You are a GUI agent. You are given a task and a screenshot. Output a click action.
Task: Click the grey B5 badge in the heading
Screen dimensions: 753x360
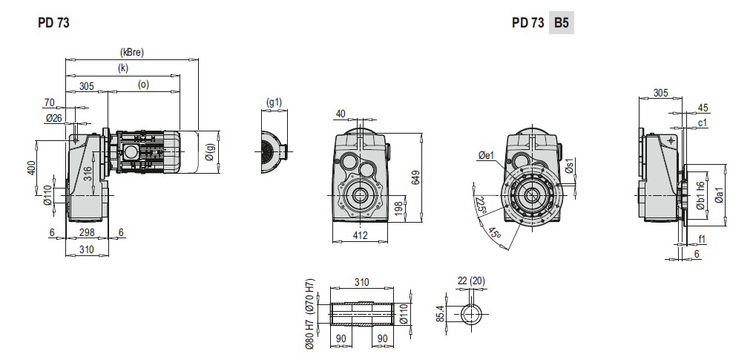click(562, 22)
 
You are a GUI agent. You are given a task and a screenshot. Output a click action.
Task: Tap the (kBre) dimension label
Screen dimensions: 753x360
click(131, 53)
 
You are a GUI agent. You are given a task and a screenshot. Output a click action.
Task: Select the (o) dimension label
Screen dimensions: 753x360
click(143, 85)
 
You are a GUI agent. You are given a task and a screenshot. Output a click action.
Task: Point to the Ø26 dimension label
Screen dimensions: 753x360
click(54, 117)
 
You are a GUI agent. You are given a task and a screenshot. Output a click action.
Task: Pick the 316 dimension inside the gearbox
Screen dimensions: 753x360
click(88, 174)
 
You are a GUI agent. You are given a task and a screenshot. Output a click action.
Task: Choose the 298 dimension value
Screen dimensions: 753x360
click(87, 232)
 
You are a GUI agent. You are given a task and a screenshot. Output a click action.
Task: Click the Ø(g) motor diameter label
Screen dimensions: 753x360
click(210, 152)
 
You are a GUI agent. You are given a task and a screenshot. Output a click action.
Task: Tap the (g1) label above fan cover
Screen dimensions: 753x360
click(274, 102)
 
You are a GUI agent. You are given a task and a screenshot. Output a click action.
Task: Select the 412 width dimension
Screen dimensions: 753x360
click(360, 235)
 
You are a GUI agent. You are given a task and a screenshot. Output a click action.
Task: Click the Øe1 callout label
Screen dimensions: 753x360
click(486, 155)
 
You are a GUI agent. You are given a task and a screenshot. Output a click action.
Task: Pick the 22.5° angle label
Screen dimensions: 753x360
click(480, 206)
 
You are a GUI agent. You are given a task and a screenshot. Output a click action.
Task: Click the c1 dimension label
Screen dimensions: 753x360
click(702, 123)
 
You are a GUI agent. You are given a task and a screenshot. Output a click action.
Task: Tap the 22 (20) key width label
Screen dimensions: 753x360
click(471, 281)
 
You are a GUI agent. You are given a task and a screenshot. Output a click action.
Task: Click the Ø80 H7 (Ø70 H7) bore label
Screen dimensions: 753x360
click(310, 313)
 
